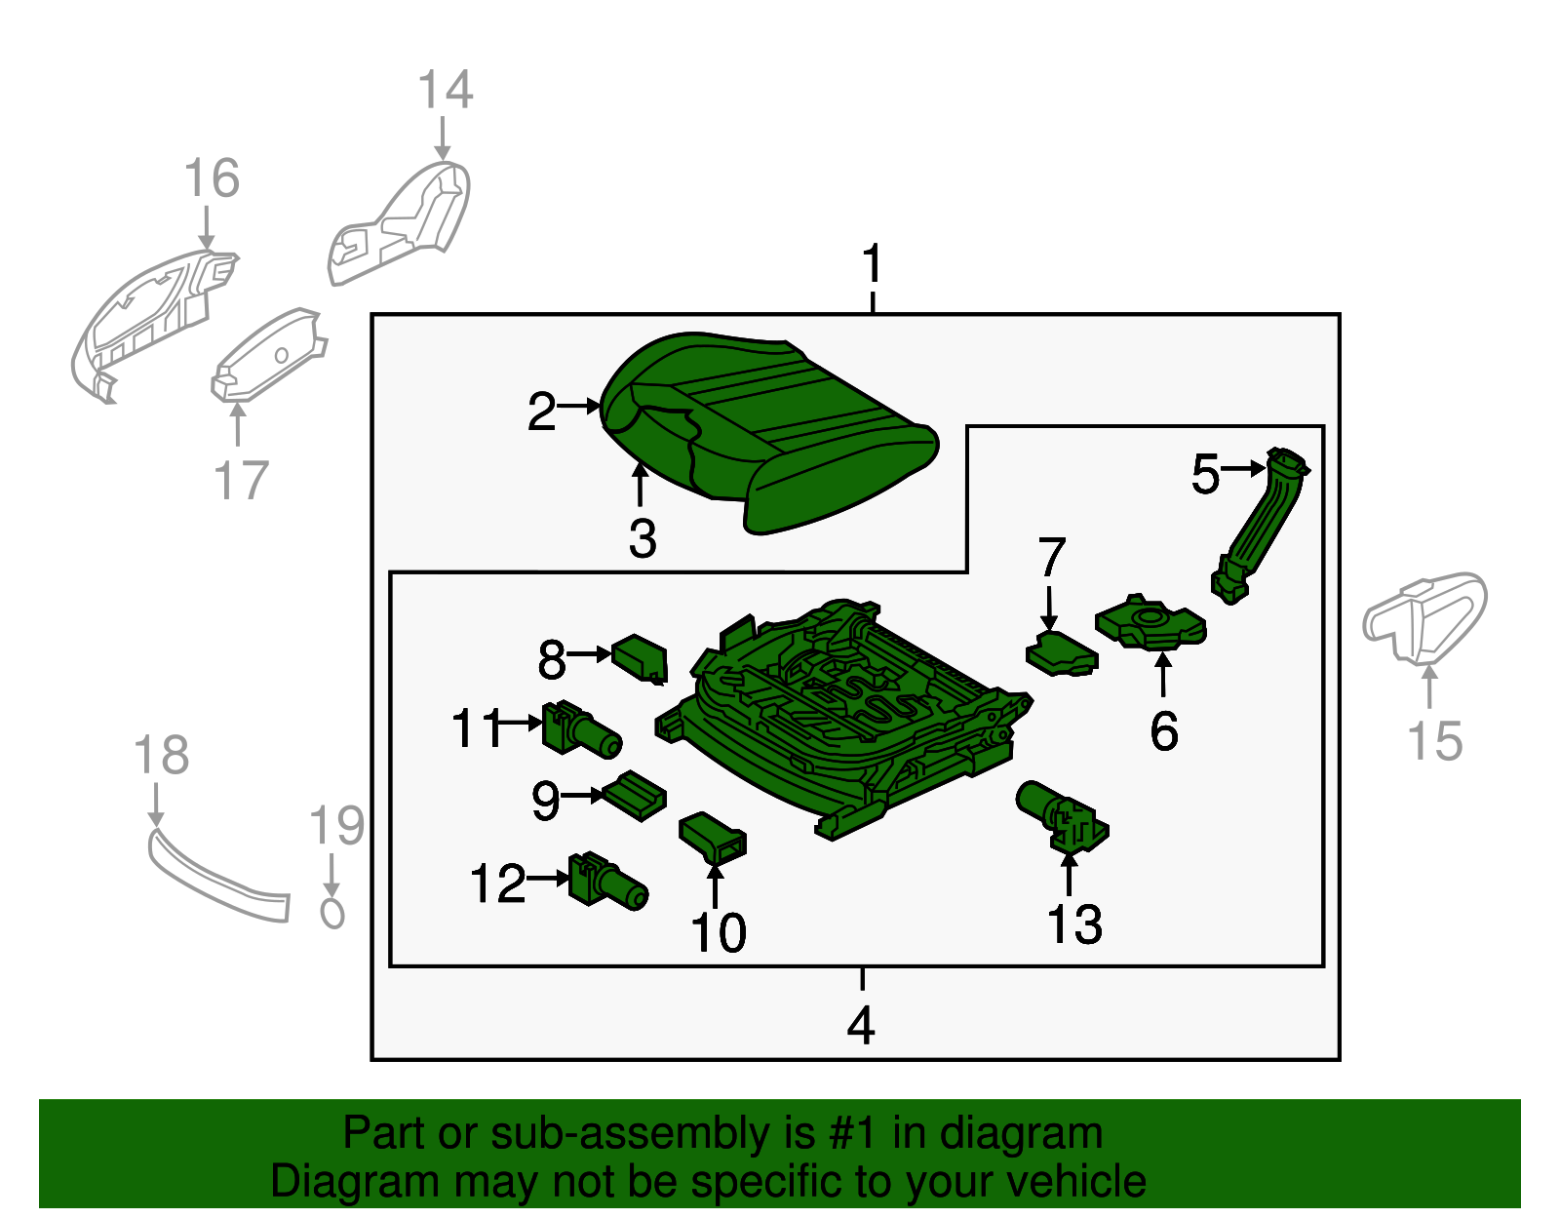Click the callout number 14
tap(446, 90)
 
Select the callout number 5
tap(1205, 475)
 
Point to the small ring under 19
tap(332, 914)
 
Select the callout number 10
tap(719, 933)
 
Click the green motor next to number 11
tap(581, 729)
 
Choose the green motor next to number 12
tap(607, 880)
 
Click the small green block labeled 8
tap(641, 657)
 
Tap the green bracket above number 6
tap(1150, 624)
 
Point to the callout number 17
tap(241, 481)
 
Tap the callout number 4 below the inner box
tap(861, 1026)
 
